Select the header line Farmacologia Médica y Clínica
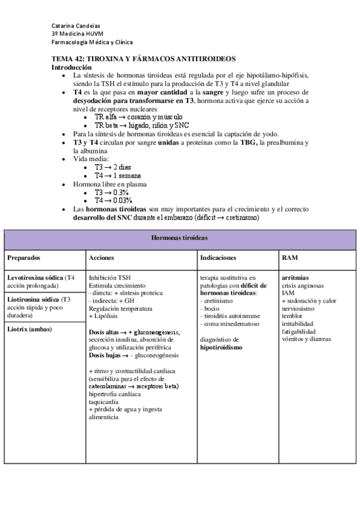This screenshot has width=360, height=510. (92, 42)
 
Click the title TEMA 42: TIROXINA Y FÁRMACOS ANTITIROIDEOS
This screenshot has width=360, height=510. (143, 58)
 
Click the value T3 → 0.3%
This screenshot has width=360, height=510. (114, 192)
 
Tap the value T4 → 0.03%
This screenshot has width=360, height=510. (114, 200)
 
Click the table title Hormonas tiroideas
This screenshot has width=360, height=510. (179, 238)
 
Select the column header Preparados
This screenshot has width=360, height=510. (23, 257)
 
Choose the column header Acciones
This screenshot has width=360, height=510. (102, 257)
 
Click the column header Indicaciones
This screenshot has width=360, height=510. (218, 257)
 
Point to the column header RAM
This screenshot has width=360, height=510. (288, 257)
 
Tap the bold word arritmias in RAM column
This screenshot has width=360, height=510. (296, 278)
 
